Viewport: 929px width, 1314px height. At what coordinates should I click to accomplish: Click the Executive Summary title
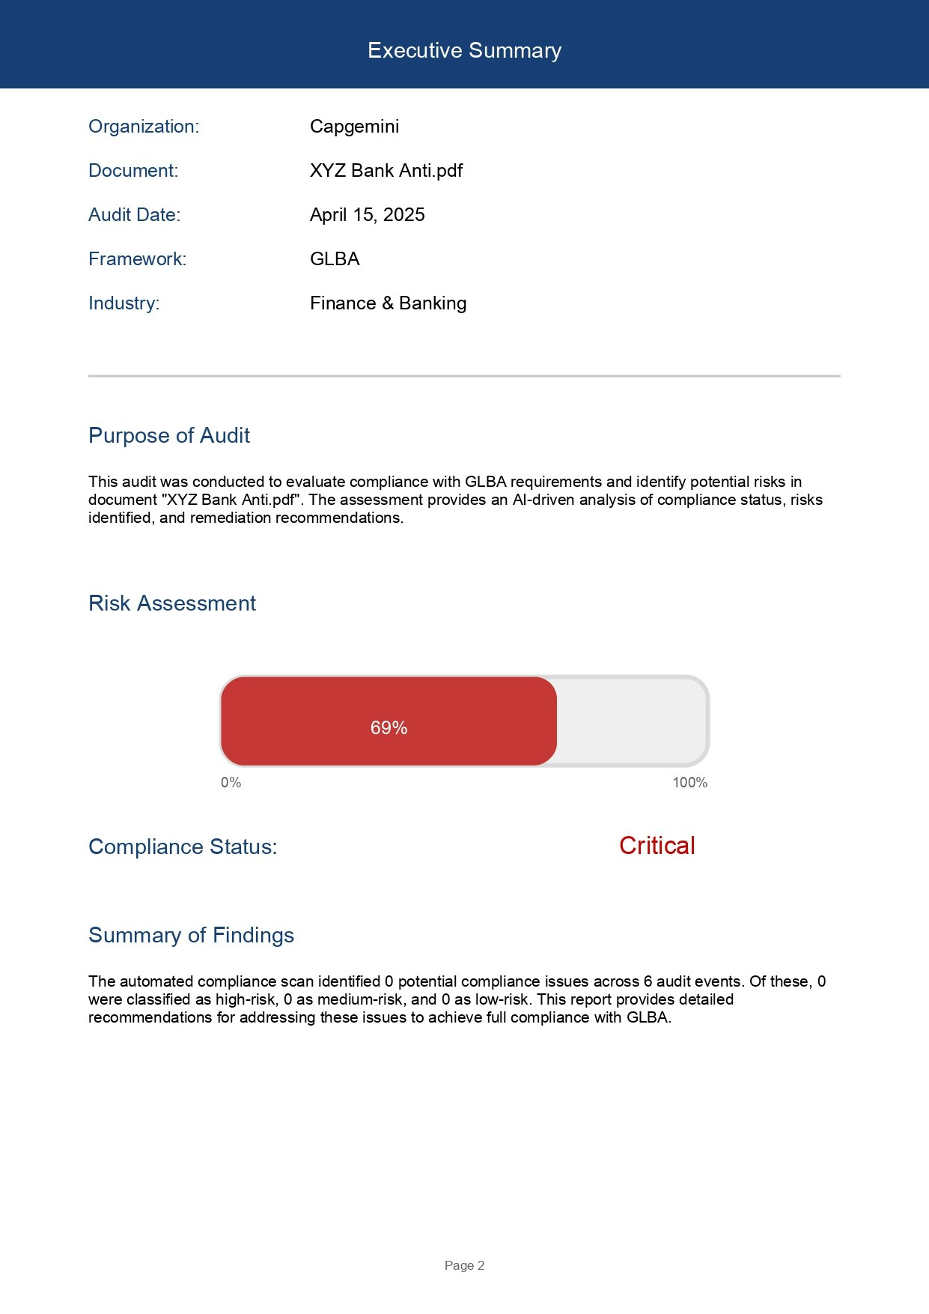click(464, 50)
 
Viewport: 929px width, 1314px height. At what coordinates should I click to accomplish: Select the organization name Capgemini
click(354, 127)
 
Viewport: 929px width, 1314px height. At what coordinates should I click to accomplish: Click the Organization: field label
click(144, 127)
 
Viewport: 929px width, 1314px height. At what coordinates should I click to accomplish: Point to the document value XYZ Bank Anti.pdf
click(386, 171)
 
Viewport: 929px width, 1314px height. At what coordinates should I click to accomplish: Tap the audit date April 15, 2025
click(367, 215)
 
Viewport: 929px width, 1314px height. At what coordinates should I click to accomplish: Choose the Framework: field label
click(137, 259)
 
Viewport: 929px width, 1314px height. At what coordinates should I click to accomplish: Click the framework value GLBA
click(335, 259)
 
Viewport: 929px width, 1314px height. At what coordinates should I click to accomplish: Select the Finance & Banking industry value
click(388, 303)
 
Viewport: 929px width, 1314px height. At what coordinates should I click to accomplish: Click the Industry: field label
click(124, 303)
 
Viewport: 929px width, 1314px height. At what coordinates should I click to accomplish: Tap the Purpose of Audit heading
click(168, 435)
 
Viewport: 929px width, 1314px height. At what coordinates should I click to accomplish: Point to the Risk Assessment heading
click(171, 603)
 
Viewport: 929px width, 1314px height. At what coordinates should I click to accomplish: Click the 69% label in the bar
click(389, 727)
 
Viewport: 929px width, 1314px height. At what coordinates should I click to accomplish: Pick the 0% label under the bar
click(231, 782)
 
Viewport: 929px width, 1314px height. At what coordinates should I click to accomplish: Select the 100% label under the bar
click(689, 782)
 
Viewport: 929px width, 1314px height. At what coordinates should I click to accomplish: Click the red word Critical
click(657, 846)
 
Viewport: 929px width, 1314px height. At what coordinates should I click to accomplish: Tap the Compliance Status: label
click(183, 847)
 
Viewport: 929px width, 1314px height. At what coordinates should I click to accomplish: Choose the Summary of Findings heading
click(191, 935)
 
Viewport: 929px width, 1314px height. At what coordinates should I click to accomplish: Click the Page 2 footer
click(464, 1265)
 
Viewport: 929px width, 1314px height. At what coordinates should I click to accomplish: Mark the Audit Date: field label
click(134, 215)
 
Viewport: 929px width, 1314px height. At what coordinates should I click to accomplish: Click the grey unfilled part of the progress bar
click(630, 721)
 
